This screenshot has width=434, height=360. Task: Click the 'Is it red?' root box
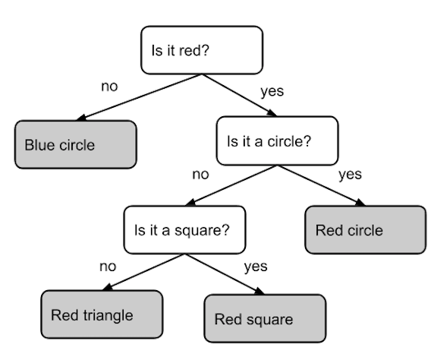click(x=202, y=50)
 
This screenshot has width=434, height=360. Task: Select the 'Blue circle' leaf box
click(x=76, y=144)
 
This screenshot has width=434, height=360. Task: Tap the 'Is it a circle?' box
click(x=278, y=141)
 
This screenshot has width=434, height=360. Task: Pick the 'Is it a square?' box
click(x=184, y=229)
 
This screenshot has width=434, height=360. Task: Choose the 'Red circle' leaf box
click(x=366, y=229)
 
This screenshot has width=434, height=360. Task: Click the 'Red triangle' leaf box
click(x=102, y=314)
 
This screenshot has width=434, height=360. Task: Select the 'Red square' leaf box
click(x=265, y=318)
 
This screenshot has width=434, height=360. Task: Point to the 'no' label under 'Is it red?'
click(x=109, y=87)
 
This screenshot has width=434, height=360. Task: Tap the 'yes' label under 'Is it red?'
click(x=272, y=91)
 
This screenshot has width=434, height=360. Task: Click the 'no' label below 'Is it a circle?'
click(x=200, y=175)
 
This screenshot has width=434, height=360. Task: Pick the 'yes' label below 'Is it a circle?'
click(x=350, y=175)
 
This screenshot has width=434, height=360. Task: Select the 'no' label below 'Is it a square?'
click(x=108, y=267)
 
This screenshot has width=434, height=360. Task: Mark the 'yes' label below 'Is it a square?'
click(x=256, y=267)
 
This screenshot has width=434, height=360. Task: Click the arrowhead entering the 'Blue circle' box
click(x=81, y=118)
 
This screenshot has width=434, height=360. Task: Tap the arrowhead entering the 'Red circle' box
click(x=360, y=203)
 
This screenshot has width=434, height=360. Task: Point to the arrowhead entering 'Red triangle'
click(x=108, y=287)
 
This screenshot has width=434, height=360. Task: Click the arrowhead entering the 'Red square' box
click(x=259, y=292)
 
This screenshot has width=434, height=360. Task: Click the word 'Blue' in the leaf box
click(x=40, y=145)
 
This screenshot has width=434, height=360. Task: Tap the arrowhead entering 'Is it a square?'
click(x=190, y=203)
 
